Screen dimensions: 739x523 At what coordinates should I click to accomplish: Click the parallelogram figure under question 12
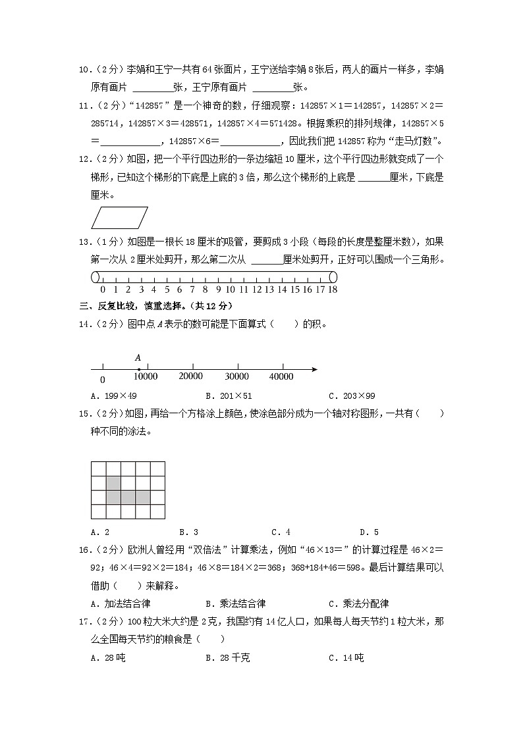click(x=119, y=218)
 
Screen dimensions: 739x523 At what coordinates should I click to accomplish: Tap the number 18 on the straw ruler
click(x=333, y=290)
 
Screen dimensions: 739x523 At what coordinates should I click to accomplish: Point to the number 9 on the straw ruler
click(x=217, y=290)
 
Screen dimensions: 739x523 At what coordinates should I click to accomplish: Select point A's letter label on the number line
click(x=138, y=357)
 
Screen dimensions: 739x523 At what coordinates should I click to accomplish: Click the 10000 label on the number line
click(x=146, y=376)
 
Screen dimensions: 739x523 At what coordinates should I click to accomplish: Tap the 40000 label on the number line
click(x=281, y=376)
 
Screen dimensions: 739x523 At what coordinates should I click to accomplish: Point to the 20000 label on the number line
click(x=191, y=376)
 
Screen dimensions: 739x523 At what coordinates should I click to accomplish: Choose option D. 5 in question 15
click(x=369, y=532)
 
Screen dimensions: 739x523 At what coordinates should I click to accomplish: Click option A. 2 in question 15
click(x=99, y=532)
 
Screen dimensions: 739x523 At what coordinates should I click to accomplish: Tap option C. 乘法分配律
click(x=358, y=603)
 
